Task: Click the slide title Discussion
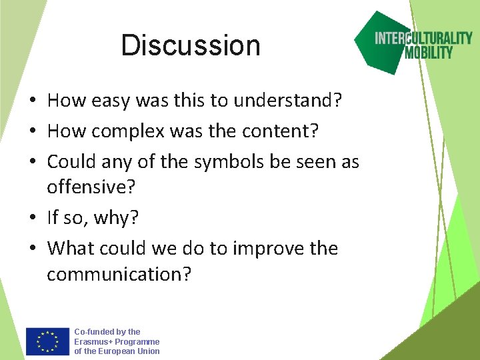191,45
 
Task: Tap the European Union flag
47,341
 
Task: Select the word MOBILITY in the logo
429,52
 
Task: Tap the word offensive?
91,187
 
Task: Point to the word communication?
119,274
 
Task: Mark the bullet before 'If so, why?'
32,218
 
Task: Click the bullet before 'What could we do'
32,249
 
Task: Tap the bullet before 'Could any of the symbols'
32,162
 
